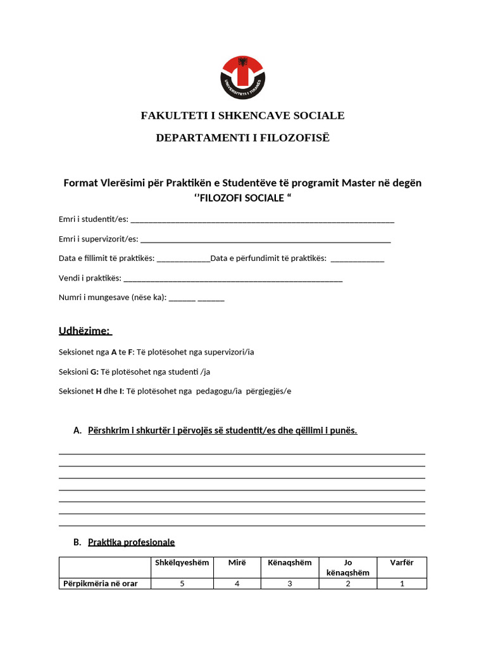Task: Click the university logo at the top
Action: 242,77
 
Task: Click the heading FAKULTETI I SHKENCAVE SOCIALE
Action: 242,116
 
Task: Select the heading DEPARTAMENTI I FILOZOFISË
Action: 242,138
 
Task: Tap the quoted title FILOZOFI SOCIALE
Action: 242,198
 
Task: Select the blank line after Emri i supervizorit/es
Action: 265,240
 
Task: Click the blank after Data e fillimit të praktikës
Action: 183,259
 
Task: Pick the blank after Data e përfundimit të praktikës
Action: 357,259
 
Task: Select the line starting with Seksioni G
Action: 135,372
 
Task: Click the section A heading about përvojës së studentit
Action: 222,431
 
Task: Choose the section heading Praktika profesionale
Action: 131,542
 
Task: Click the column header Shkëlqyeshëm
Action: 182,563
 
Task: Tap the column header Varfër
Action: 402,563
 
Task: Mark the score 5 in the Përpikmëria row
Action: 182,584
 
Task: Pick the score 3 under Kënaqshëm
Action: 290,584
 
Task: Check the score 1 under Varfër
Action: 402,584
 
